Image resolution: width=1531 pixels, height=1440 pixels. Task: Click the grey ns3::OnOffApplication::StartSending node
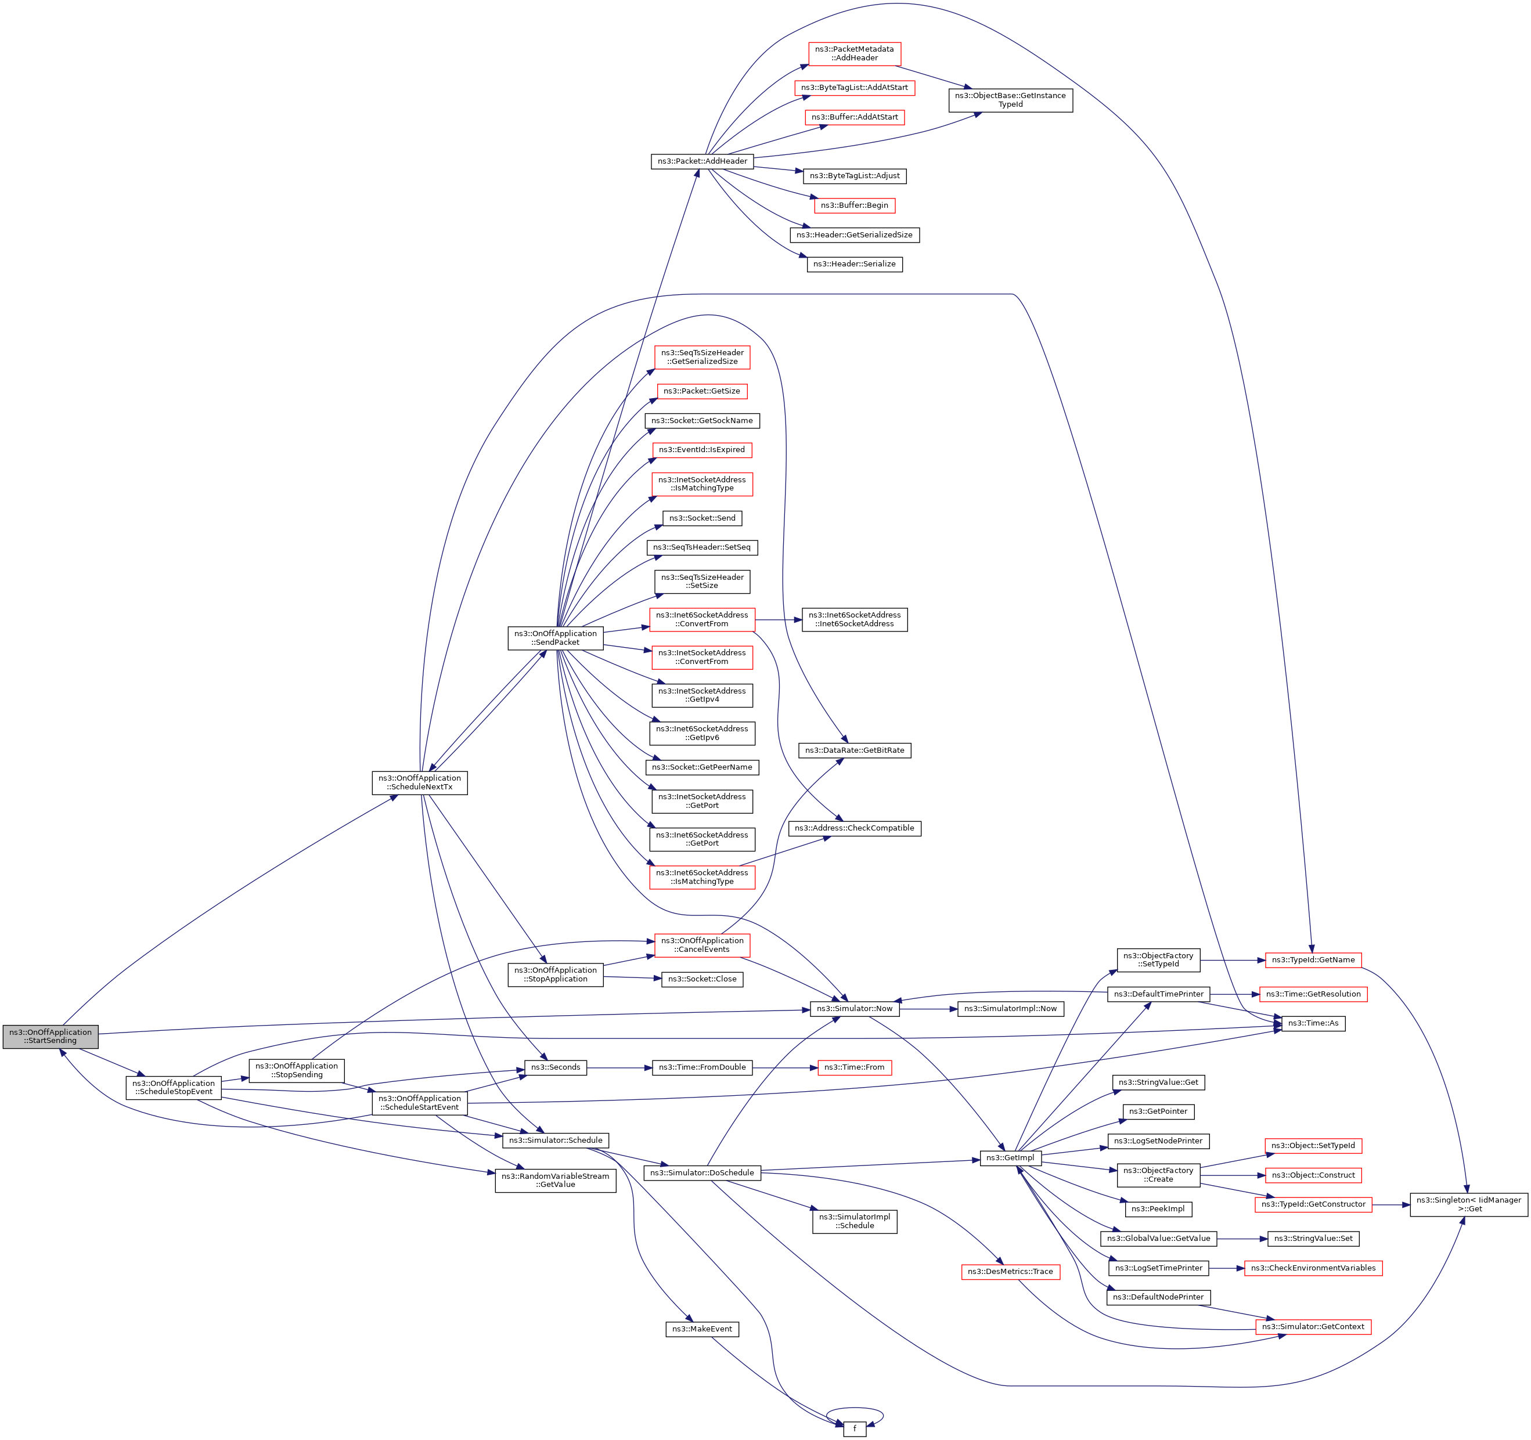pyautogui.click(x=50, y=1037)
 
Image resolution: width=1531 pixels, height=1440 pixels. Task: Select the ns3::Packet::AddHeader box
pyautogui.click(x=701, y=161)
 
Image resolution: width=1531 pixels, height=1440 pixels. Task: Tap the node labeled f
pyautogui.click(x=854, y=1428)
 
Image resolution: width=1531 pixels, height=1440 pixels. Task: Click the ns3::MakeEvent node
pyautogui.click(x=701, y=1329)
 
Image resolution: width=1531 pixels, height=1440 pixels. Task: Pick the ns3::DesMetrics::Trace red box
pyautogui.click(x=1010, y=1271)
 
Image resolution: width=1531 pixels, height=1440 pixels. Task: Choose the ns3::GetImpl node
pyautogui.click(x=1010, y=1158)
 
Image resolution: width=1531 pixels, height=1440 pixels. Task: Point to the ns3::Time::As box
pyautogui.click(x=1313, y=1023)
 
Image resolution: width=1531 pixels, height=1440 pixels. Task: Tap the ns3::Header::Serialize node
pyautogui.click(x=854, y=264)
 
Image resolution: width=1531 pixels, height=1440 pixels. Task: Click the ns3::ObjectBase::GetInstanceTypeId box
pyautogui.click(x=1010, y=100)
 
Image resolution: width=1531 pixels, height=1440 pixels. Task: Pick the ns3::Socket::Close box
pyautogui.click(x=701, y=980)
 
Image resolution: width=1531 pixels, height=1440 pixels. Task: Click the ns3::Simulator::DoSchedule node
pyautogui.click(x=701, y=1173)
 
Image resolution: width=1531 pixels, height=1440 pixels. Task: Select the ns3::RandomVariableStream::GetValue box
pyautogui.click(x=555, y=1181)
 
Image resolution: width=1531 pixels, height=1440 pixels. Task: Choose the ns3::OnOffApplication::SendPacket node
pyautogui.click(x=555, y=638)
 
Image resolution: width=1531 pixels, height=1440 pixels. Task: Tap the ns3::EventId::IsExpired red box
pyautogui.click(x=701, y=450)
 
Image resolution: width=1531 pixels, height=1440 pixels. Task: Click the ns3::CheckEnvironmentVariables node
pyautogui.click(x=1313, y=1268)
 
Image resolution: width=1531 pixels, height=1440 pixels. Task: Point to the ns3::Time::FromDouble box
pyautogui.click(x=701, y=1067)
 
